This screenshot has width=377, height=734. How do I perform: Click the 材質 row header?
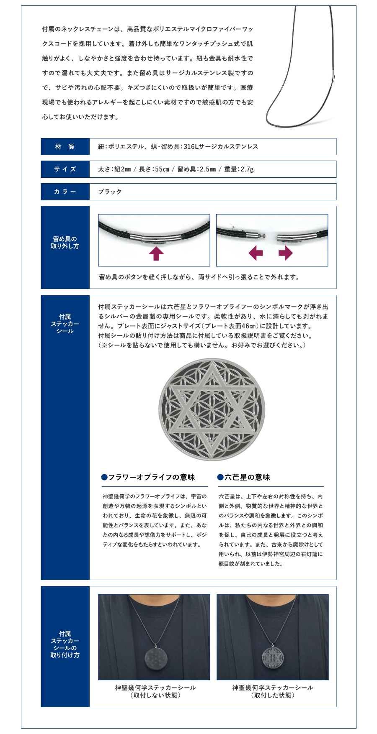65,146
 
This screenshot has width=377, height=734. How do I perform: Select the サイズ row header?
65,169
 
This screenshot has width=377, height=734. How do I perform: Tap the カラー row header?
65,192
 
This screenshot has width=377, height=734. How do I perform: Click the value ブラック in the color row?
110,192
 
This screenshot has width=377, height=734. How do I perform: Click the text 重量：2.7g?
239,169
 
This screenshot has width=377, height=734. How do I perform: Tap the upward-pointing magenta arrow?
156,253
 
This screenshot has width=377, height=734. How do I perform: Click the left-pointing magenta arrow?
256,253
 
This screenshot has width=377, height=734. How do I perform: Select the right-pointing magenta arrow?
286,253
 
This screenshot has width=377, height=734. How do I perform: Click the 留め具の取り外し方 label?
65,243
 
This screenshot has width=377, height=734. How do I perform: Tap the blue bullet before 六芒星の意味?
220,477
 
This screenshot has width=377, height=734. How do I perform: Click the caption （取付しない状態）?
155,695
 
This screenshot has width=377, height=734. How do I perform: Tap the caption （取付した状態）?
273,695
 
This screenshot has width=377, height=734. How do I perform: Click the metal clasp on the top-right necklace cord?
334,80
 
